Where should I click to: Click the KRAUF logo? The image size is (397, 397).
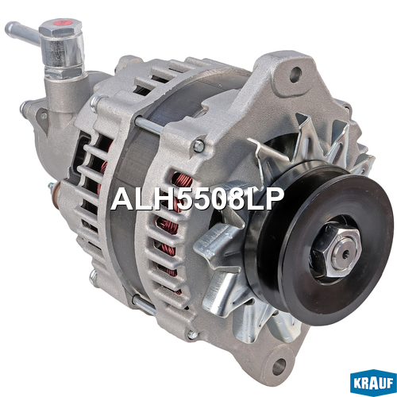click(373, 383)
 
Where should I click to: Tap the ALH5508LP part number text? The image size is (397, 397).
click(197, 199)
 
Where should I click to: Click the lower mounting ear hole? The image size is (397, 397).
click(279, 366)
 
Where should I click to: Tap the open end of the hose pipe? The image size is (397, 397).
click(9, 27)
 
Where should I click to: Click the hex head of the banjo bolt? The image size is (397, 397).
click(60, 27)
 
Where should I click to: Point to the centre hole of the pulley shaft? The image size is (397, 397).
click(345, 255)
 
